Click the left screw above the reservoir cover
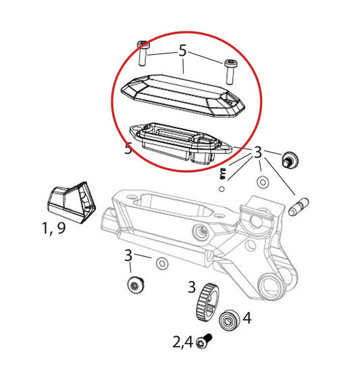[143, 53]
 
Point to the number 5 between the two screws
[182, 51]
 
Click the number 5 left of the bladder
[128, 149]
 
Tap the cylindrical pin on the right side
[299, 205]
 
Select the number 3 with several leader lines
[257, 154]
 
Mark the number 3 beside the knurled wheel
[191, 287]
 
